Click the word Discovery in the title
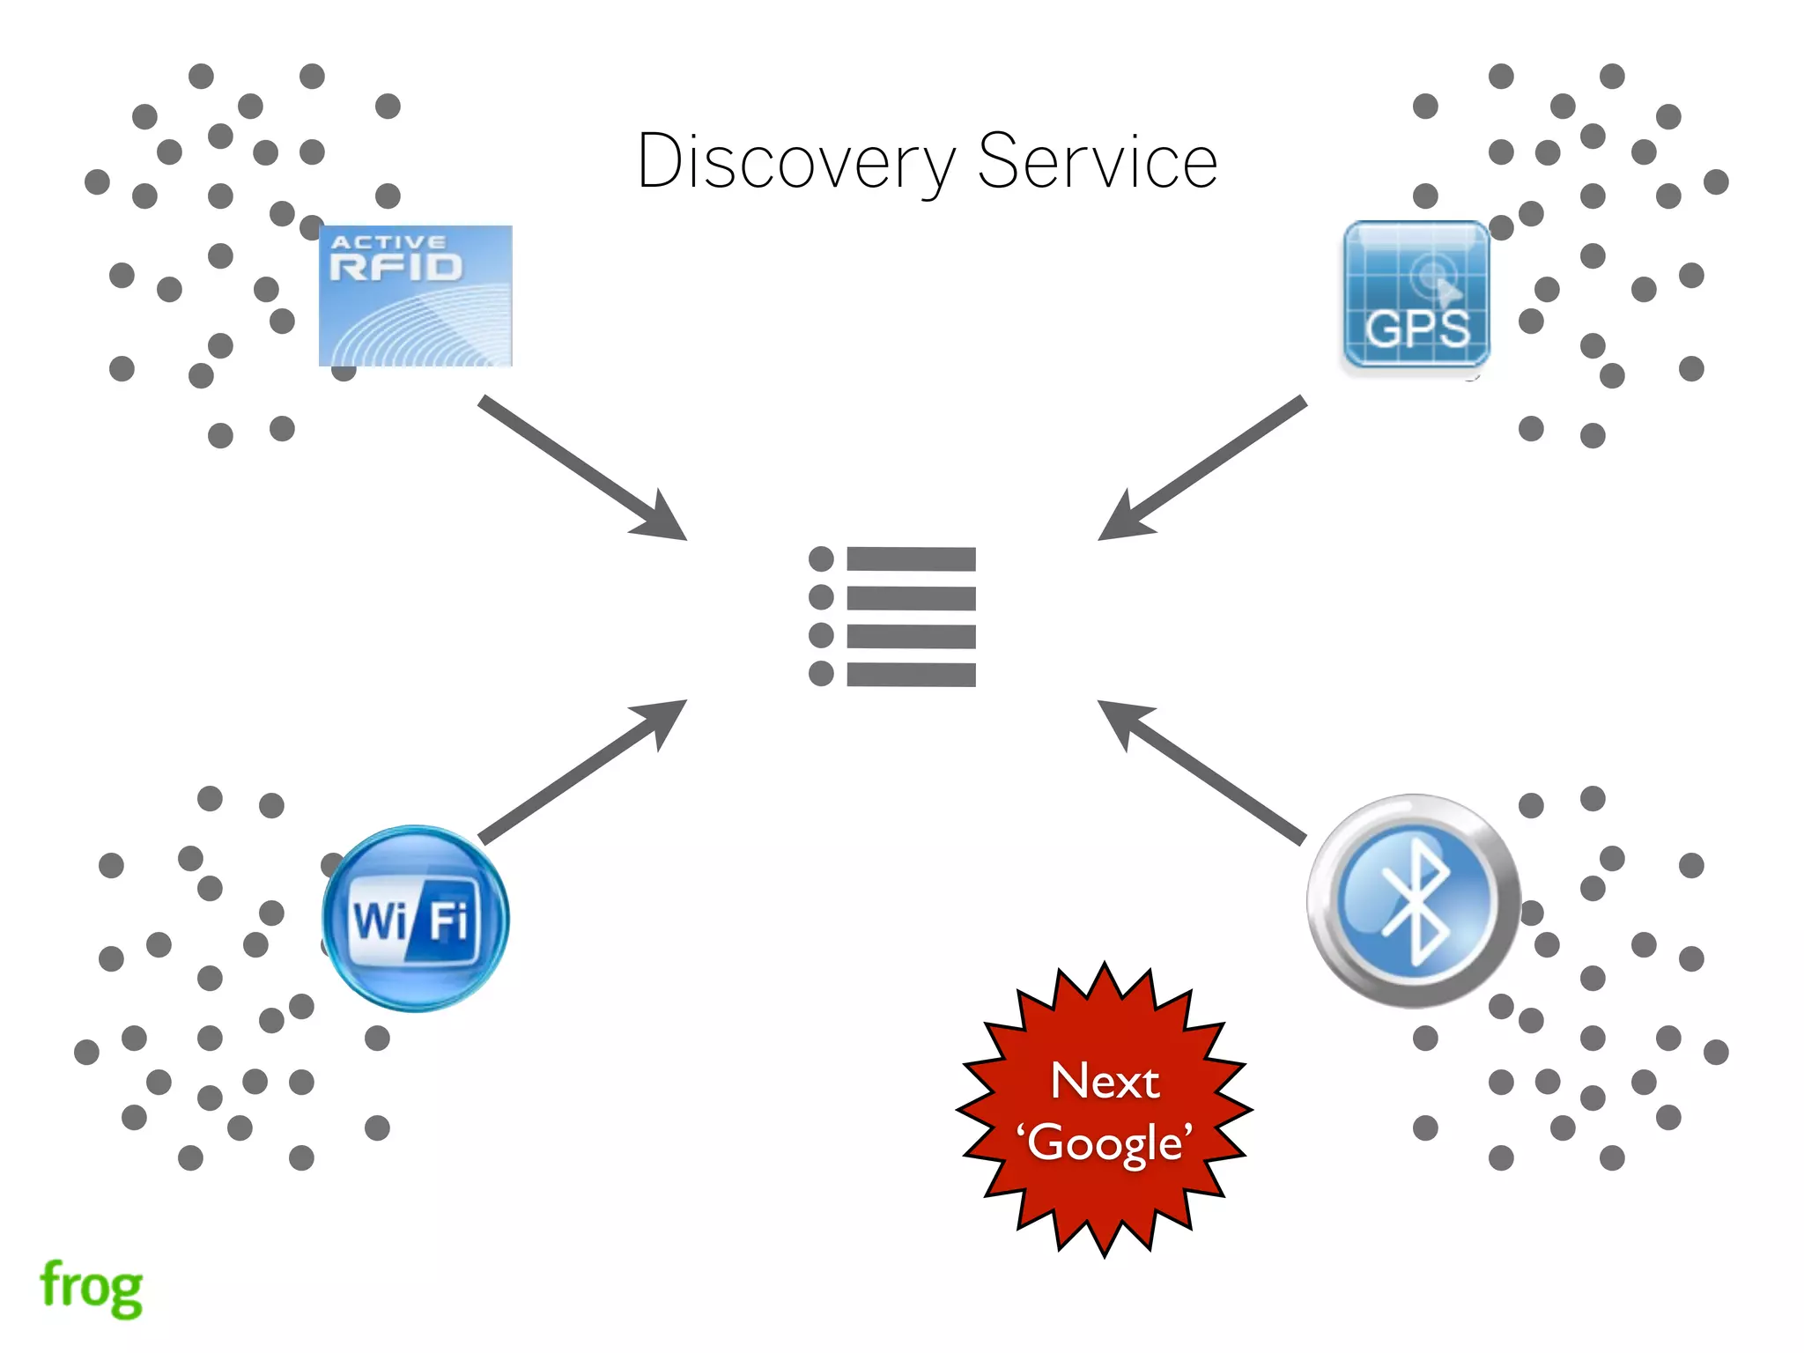795,162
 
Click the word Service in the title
1098,162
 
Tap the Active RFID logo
415,296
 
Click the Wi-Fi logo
415,919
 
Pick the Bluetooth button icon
1413,901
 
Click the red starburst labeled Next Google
1105,1110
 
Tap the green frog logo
92,1287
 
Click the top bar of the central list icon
911,558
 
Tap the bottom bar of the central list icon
911,675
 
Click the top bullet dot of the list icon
821,558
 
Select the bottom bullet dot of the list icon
821,674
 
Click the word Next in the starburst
1105,1081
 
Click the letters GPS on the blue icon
1417,329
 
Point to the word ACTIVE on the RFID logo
388,241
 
